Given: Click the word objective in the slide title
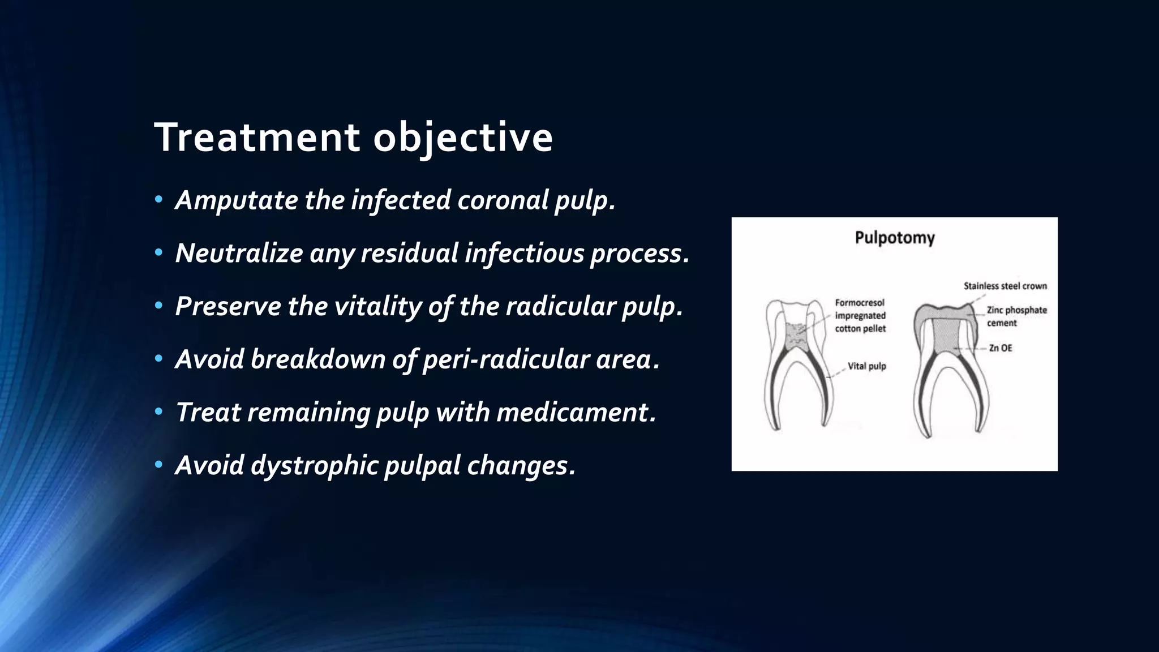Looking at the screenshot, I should tap(462, 137).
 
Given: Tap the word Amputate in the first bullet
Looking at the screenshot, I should tap(236, 200).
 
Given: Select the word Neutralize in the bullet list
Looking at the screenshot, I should tap(238, 253).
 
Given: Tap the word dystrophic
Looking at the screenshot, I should tap(314, 465).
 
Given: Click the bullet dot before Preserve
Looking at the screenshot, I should tap(159, 306).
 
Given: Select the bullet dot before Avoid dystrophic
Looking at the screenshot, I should tap(159, 465).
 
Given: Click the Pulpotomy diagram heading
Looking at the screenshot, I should tap(894, 238).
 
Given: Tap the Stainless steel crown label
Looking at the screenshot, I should tap(1005, 286).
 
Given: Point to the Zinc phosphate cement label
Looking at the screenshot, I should tap(1016, 316).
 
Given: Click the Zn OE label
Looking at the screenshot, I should tap(1000, 348).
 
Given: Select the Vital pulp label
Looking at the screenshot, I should tap(866, 366).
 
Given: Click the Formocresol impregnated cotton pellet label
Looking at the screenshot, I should tap(860, 316).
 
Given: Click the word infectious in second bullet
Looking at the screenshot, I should tap(524, 253).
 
